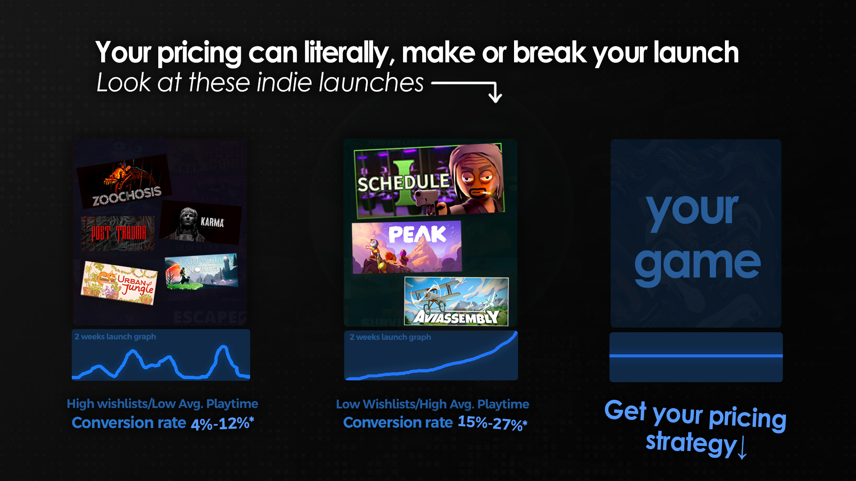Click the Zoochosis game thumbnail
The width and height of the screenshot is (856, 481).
125,183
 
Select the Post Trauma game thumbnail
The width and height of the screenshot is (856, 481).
119,233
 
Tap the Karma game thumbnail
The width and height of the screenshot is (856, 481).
201,222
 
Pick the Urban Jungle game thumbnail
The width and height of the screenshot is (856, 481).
119,283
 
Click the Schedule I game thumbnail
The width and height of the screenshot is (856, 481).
429,180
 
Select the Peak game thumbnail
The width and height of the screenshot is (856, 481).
407,247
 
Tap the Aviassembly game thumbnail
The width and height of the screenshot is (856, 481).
456,302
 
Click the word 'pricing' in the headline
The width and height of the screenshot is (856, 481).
199,53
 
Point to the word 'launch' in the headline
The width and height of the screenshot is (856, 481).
696,53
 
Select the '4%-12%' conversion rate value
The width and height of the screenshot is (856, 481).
222,423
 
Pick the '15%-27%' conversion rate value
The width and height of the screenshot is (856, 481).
492,423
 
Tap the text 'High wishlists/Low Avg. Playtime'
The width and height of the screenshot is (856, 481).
162,404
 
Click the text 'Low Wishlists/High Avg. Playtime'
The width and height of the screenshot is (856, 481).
432,404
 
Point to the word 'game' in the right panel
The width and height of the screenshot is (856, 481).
697,264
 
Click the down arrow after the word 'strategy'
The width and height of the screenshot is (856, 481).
742,447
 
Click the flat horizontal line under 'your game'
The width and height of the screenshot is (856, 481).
696,356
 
